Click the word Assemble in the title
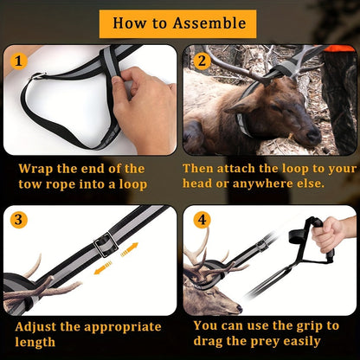[209, 23]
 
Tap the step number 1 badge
[19, 61]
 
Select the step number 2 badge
[202, 61]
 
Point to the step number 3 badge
[18, 220]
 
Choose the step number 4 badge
[202, 220]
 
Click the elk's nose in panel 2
[314, 135]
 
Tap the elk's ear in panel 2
[240, 107]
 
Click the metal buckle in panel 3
[106, 244]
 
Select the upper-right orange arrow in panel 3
[130, 250]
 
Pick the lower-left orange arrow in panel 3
[103, 267]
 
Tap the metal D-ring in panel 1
[37, 76]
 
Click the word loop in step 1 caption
[133, 184]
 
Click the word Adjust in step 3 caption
[35, 327]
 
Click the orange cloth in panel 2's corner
[339, 48]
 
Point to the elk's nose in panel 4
[239, 309]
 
